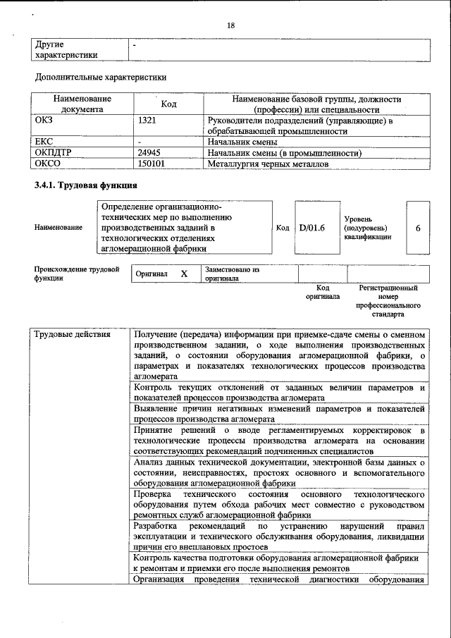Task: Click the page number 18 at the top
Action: click(x=230, y=25)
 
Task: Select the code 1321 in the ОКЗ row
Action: click(x=147, y=121)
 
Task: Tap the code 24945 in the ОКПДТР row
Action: click(x=149, y=152)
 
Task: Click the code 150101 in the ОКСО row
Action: click(x=152, y=164)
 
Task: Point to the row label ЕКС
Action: click(x=44, y=142)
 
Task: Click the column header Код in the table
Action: click(x=168, y=104)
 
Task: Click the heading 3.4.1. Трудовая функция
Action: click(x=85, y=185)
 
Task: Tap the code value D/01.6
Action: click(x=311, y=228)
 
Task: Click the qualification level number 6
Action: click(x=418, y=228)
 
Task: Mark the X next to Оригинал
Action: click(x=184, y=274)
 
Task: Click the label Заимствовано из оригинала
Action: click(x=231, y=274)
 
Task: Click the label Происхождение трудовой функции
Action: click(x=77, y=274)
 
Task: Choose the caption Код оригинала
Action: click(x=323, y=293)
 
